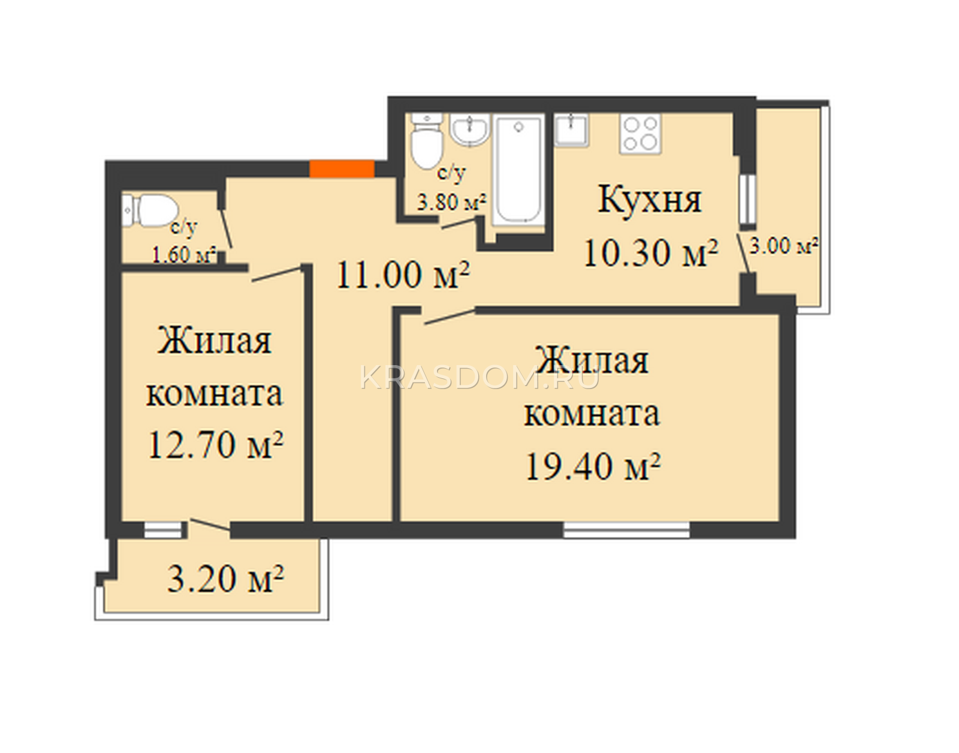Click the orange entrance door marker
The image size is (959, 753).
tap(342, 168)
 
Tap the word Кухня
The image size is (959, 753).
tap(650, 200)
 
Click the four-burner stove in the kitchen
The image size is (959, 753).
tap(640, 133)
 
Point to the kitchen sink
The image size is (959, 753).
tap(572, 129)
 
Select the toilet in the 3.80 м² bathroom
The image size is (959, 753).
tap(426, 141)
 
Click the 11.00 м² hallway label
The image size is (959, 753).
tap(402, 275)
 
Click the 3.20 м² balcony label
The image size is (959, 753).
tap(225, 579)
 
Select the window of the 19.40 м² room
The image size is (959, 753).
tap(626, 529)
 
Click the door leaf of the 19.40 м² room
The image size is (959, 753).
tap(450, 317)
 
